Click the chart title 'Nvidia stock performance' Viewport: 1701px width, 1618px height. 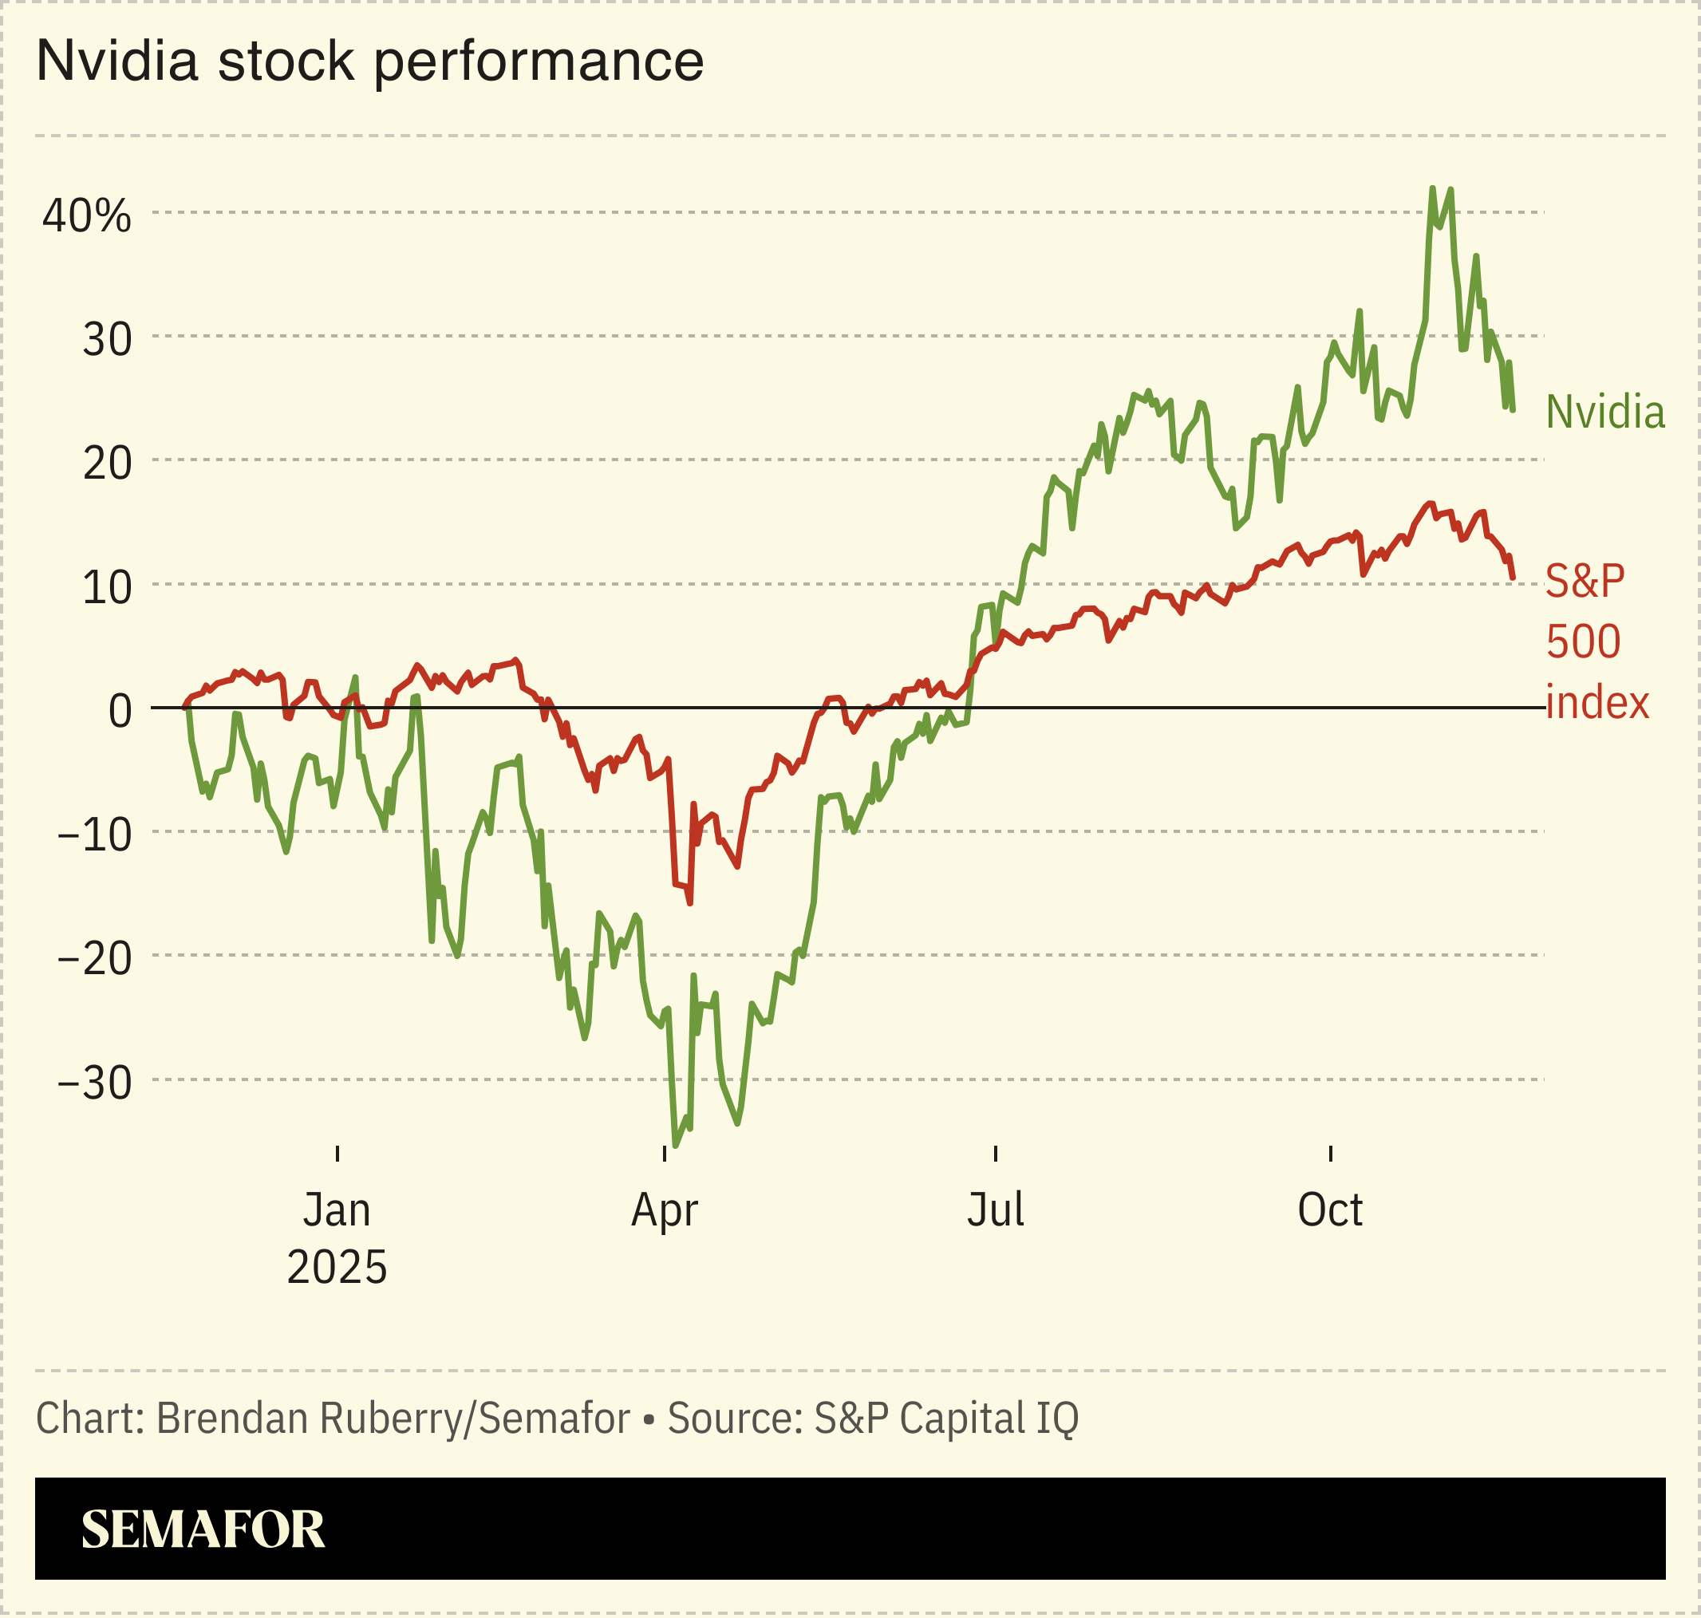click(370, 62)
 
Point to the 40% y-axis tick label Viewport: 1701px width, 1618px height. click(86, 215)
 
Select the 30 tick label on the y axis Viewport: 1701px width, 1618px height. click(107, 340)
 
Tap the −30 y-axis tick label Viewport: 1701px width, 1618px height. click(95, 1083)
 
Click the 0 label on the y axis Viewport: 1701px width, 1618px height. click(120, 712)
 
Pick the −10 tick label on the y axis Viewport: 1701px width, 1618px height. click(95, 835)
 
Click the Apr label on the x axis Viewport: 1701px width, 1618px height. click(664, 1211)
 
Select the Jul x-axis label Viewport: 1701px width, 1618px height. click(996, 1211)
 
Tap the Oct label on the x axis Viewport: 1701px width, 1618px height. click(1330, 1211)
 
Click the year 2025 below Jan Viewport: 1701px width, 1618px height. click(337, 1268)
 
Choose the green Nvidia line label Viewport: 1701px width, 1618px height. click(1604, 412)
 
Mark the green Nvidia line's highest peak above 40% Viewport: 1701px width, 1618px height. click(1432, 189)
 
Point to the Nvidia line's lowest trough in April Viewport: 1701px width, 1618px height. click(676, 1146)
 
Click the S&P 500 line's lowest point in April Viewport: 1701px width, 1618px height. click(689, 903)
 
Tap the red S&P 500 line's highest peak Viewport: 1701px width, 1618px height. click(1429, 503)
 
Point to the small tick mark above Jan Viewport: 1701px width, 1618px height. click(337, 1154)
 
